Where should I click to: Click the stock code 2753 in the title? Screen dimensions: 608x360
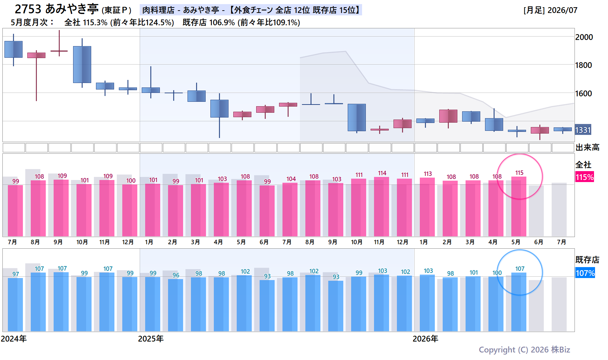tap(28, 9)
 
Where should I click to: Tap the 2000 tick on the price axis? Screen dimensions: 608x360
tap(584, 37)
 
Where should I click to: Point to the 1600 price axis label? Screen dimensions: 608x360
tap(584, 94)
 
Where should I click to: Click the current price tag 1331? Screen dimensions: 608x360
tap(583, 130)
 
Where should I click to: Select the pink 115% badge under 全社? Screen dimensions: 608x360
tap(585, 177)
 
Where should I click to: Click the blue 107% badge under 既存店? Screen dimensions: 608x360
tap(585, 273)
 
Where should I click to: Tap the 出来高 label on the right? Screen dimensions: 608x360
tap(588, 148)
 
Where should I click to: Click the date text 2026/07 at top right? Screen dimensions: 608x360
tap(563, 10)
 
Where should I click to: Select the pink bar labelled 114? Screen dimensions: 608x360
tap(382, 206)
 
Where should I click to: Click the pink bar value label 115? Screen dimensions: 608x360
tap(519, 173)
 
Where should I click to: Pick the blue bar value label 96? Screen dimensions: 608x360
tap(176, 275)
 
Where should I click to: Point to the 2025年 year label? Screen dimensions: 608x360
tap(151, 339)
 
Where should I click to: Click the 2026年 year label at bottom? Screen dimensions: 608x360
tap(425, 339)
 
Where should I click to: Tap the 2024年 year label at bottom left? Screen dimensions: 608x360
tap(14, 339)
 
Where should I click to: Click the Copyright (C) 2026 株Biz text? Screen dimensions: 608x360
tap(524, 350)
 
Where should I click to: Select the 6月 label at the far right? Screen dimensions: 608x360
tap(539, 242)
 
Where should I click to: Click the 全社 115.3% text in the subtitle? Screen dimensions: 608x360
tap(86, 23)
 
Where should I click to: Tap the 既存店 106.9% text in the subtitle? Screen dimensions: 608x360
tap(209, 23)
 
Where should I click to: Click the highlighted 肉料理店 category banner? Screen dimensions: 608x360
tap(251, 10)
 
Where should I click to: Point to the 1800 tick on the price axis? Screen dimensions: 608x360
tap(584, 65)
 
